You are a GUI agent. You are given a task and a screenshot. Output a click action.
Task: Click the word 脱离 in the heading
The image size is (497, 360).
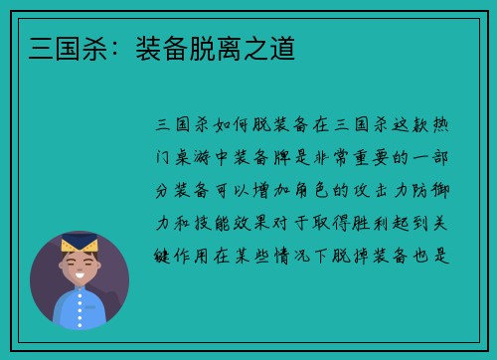[x=213, y=47]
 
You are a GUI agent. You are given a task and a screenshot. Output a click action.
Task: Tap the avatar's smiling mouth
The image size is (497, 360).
[x=79, y=278]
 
